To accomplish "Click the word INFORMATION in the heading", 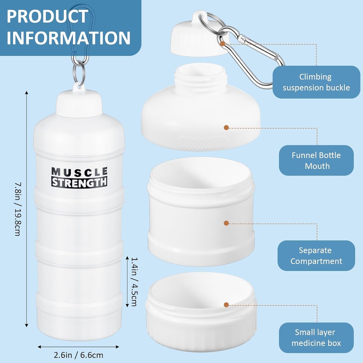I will tap(68, 38).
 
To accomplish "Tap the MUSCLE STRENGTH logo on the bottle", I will tap(79, 177).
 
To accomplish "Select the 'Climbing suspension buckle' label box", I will tap(316, 82).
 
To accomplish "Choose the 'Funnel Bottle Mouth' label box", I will tap(316, 160).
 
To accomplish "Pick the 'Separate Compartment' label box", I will tap(316, 256).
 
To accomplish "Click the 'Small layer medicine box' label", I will tap(316, 337).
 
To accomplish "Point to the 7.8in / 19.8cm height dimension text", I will tap(18, 209).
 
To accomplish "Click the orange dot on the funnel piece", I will tap(226, 127).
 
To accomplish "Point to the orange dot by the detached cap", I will tap(222, 44).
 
